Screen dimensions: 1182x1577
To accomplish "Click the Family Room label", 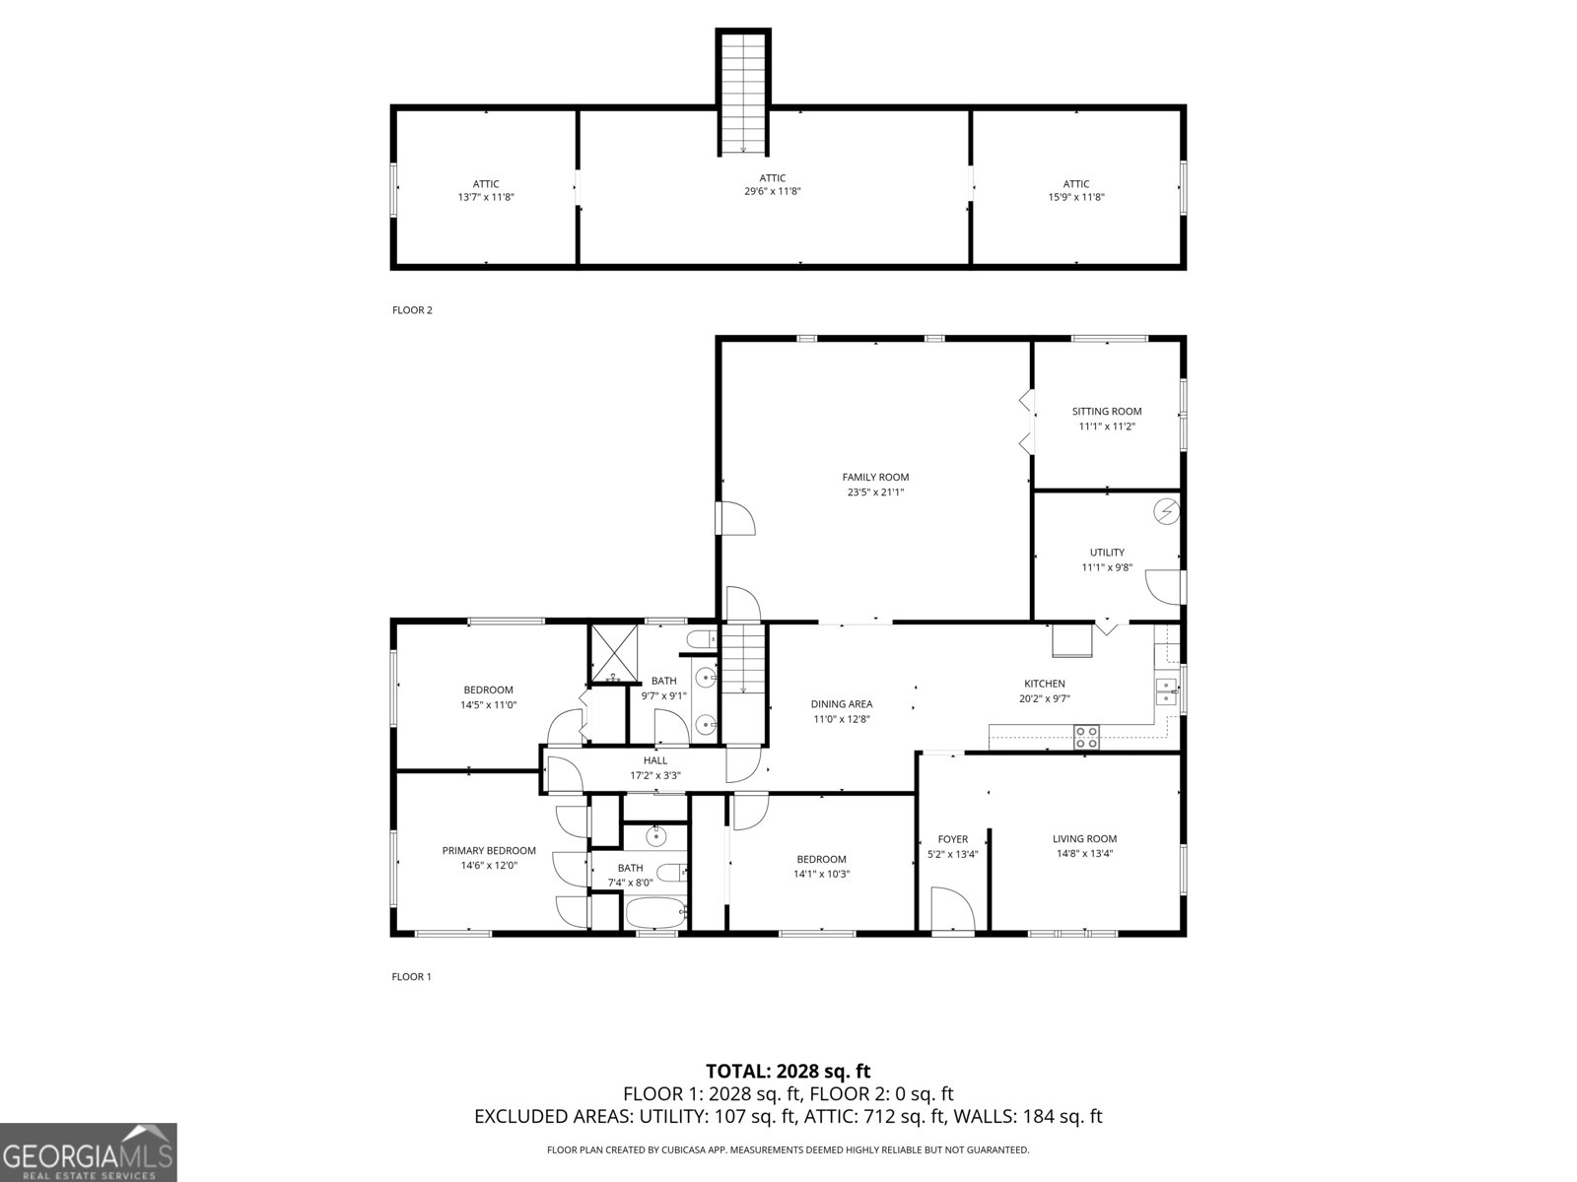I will (875, 477).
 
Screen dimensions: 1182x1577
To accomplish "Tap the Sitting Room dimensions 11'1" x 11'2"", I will (1107, 427).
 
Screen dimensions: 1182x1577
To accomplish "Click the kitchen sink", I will (1167, 691).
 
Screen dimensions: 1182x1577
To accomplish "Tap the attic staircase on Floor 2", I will (743, 93).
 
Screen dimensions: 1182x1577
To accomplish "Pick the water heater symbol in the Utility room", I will (1167, 511).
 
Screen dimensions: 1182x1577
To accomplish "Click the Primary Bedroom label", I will (489, 851).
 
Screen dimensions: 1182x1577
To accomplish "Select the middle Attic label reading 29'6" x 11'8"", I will (773, 185).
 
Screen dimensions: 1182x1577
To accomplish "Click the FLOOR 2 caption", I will (412, 310).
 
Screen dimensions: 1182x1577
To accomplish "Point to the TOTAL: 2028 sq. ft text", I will (788, 1071).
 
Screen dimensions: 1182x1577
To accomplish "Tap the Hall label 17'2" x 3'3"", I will (655, 767).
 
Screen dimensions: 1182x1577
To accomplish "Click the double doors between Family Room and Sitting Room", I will (1027, 422).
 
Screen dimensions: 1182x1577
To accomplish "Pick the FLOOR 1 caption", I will (412, 977).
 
